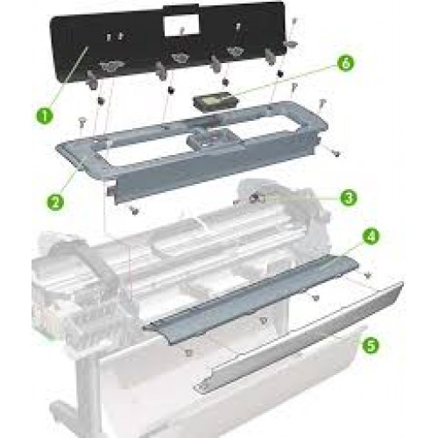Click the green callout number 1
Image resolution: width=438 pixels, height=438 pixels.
tap(45, 116)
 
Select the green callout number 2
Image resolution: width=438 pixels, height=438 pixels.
tap(56, 201)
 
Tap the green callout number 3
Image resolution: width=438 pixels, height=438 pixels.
tap(349, 198)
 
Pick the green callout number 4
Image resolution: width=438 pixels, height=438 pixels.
tap(371, 237)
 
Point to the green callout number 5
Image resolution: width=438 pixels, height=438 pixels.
tap(371, 346)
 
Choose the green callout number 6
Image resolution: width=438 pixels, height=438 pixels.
tap(345, 63)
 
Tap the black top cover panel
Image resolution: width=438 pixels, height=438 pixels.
tap(168, 44)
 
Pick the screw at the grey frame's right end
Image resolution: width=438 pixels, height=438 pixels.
tap(336, 152)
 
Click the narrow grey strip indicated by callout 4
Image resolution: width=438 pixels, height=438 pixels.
tap(251, 296)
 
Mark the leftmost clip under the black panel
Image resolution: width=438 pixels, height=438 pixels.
tap(92, 81)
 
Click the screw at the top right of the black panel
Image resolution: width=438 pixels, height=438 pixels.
tap(294, 22)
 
